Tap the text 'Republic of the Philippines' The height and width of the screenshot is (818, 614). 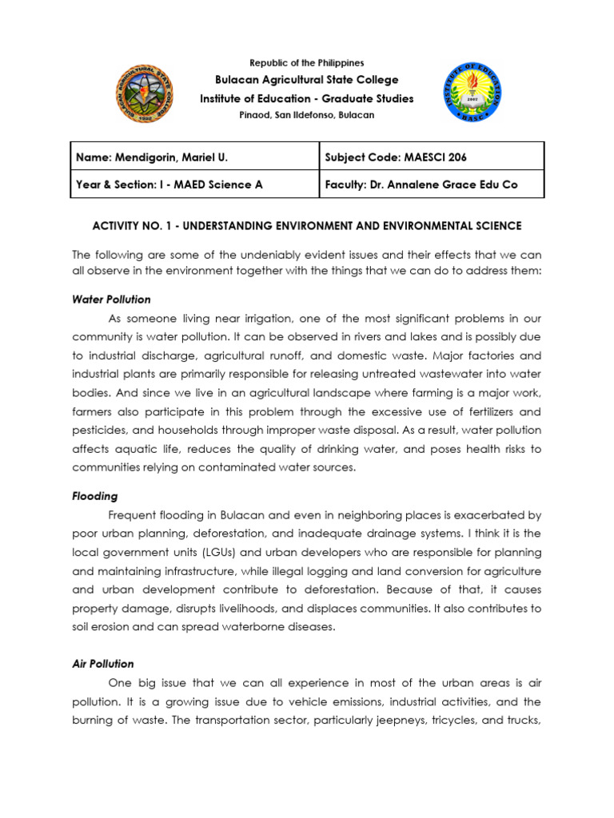click(307, 62)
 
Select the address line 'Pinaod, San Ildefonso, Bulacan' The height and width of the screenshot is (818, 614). click(307, 115)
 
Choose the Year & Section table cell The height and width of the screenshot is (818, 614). click(169, 185)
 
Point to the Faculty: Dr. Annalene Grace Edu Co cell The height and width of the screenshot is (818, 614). click(421, 185)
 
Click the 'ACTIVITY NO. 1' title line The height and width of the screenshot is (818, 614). click(307, 226)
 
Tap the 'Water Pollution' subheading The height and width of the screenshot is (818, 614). click(111, 300)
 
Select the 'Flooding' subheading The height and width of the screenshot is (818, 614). click(94, 495)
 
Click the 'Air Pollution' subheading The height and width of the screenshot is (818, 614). click(103, 664)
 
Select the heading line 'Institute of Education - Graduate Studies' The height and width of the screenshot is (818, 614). click(307, 98)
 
